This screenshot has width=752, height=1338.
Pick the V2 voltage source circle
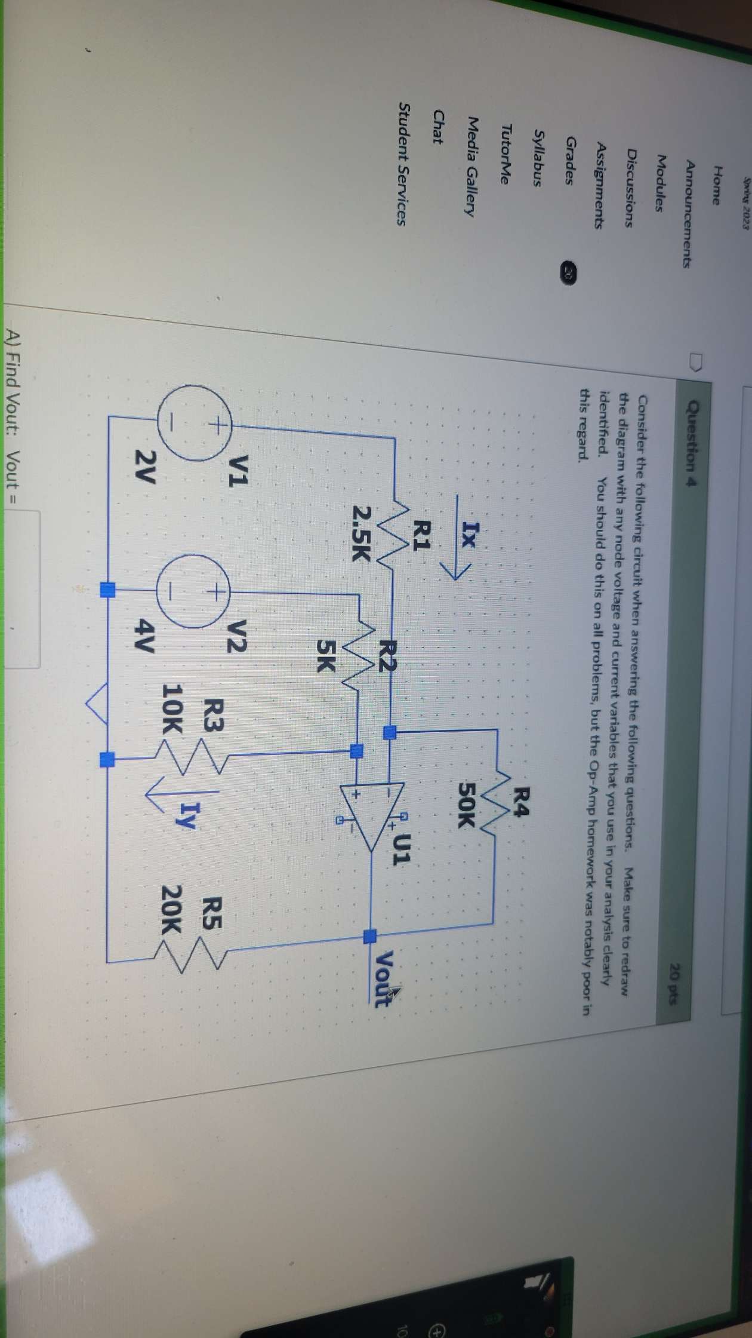(192, 591)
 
